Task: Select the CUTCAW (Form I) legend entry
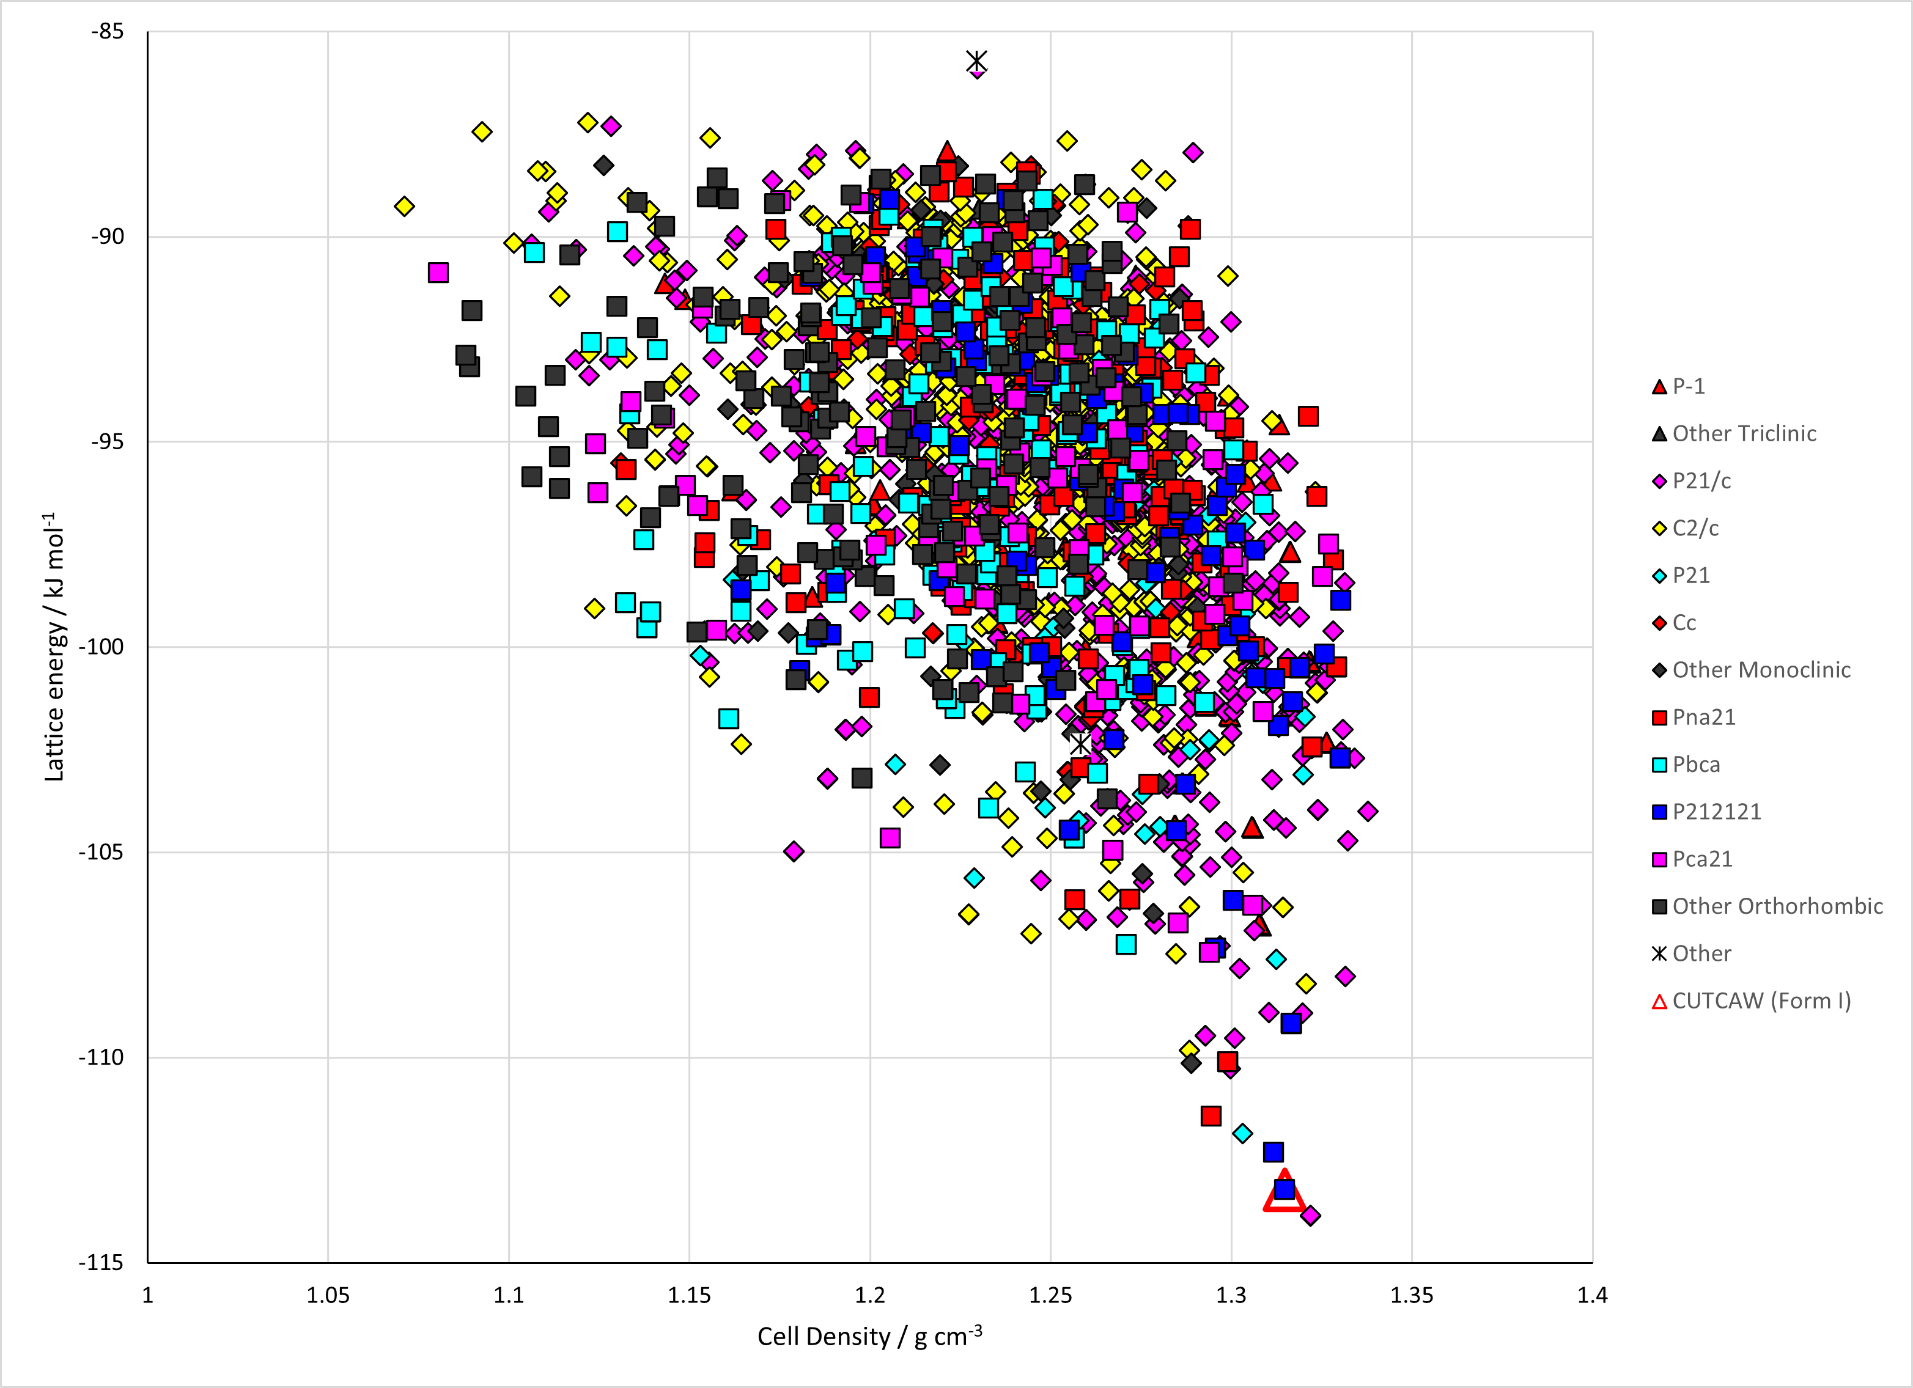[1751, 1001]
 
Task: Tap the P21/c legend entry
[1691, 480]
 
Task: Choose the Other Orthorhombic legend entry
[1767, 906]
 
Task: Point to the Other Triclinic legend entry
[1733, 433]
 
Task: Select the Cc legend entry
[1673, 623]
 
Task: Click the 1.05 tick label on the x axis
[328, 1295]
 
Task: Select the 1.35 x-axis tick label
[1412, 1295]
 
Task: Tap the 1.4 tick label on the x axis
[1593, 1295]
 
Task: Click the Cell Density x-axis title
[869, 1337]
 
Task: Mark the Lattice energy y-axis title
[53, 647]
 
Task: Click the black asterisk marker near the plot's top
[976, 61]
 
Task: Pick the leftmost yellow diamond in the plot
[404, 207]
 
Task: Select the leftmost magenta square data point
[438, 273]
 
